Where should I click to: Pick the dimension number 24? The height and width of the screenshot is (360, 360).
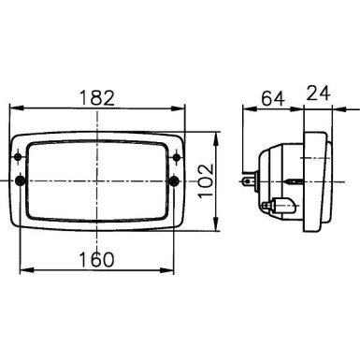(x=318, y=94)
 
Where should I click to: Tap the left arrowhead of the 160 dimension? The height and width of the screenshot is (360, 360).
(x=23, y=270)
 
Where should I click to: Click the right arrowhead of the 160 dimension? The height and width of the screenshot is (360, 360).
(x=171, y=270)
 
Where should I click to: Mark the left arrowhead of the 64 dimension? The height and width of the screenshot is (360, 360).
(x=248, y=108)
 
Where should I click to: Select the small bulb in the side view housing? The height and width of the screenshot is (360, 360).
(x=275, y=202)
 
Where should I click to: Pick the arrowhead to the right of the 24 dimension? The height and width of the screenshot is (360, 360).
(x=336, y=108)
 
